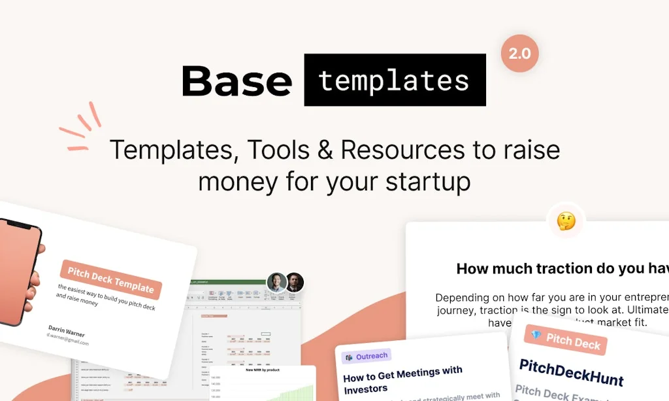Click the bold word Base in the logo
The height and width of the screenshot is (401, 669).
coord(237,81)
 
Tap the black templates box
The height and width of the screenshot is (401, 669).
coord(395,80)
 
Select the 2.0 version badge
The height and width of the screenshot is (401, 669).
coord(519,54)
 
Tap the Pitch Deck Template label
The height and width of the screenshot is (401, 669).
coord(110,279)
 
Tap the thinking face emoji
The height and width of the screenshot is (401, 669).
coord(566,221)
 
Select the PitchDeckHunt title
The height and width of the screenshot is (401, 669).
coord(571,372)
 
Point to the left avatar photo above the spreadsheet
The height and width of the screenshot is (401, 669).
coord(277,282)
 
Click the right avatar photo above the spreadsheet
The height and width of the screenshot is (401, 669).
coord(295,282)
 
